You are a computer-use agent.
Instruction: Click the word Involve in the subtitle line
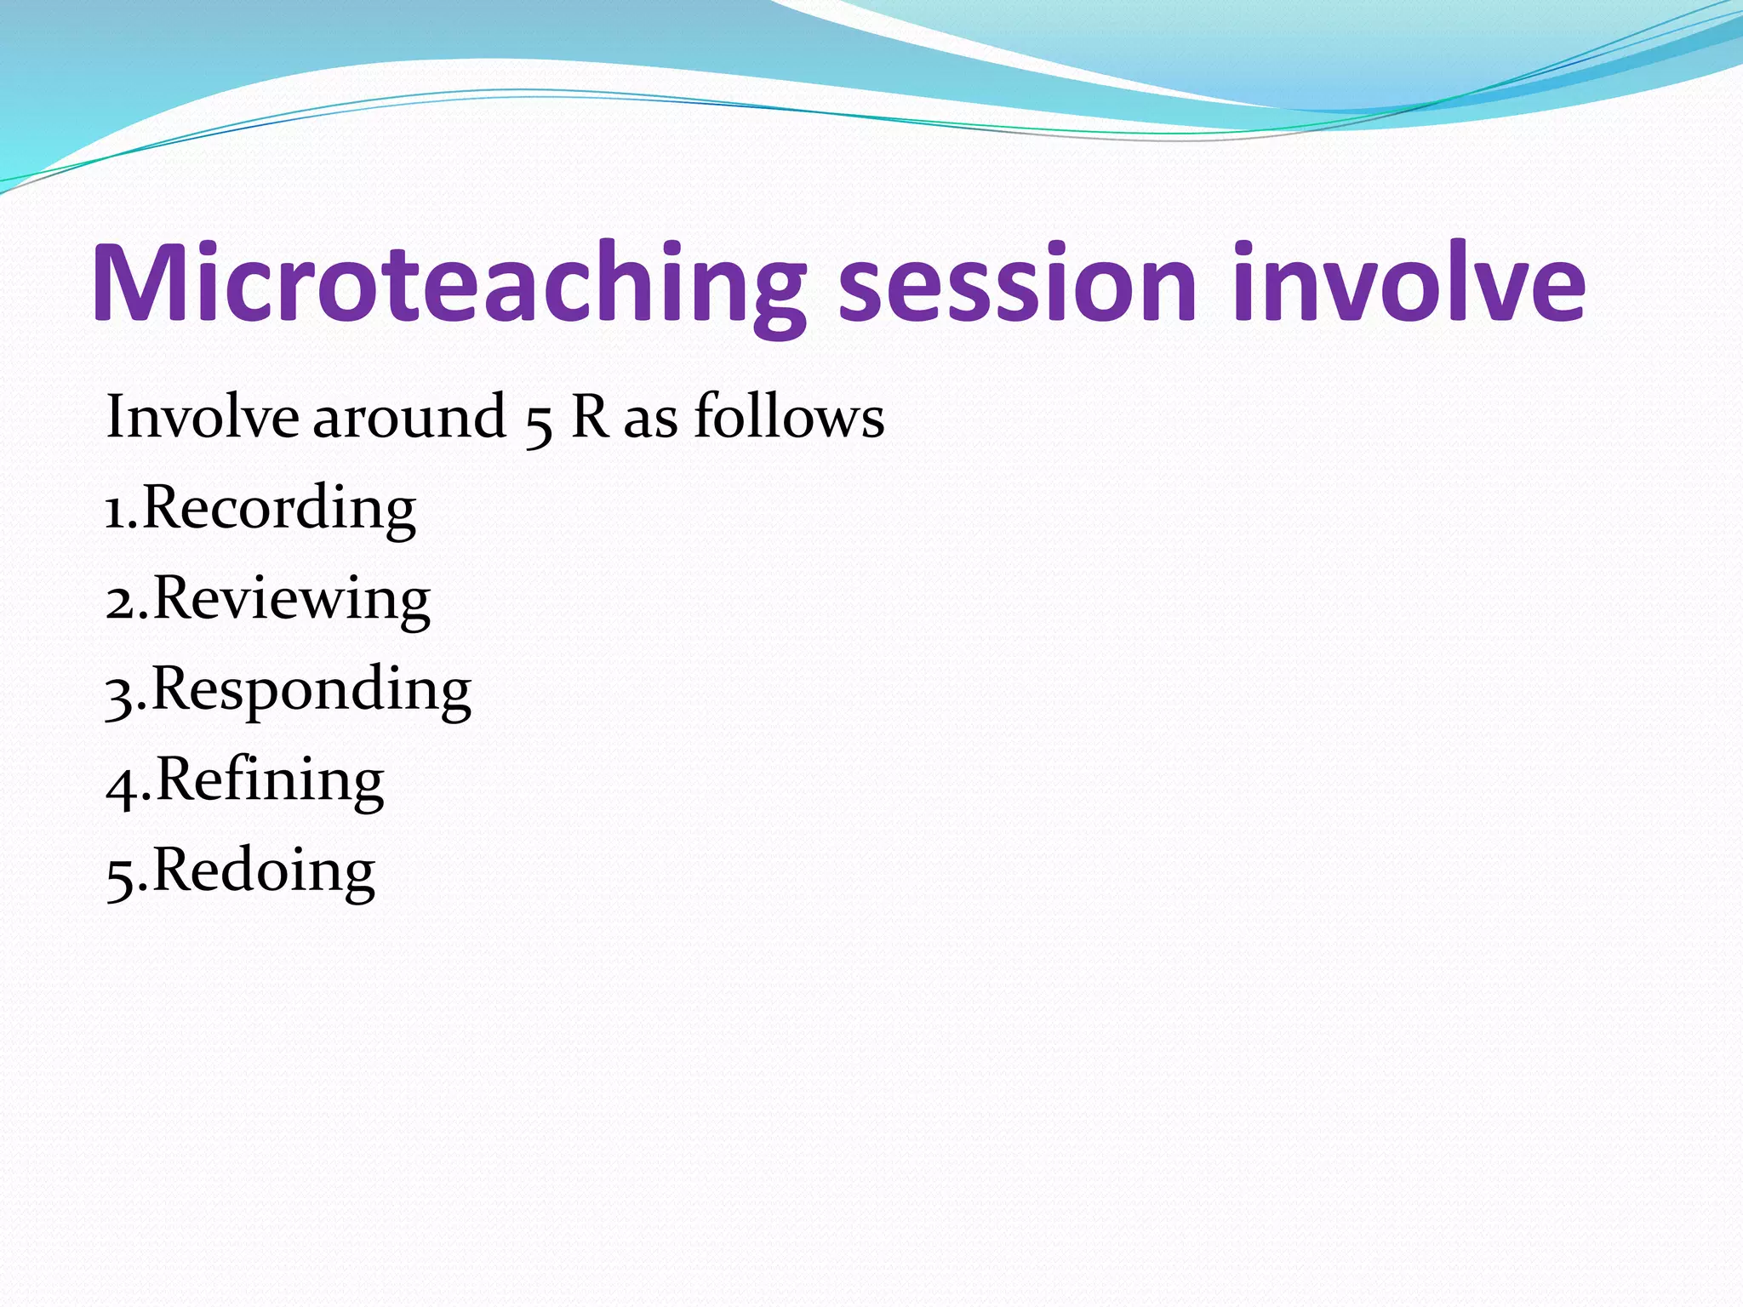click(x=202, y=417)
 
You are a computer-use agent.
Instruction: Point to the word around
click(x=409, y=417)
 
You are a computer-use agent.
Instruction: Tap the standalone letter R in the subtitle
click(x=590, y=417)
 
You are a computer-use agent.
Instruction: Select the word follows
click(x=789, y=417)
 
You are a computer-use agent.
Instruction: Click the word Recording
click(x=278, y=509)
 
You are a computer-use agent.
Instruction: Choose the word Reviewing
click(x=291, y=600)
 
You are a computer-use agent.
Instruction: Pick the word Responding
click(x=311, y=691)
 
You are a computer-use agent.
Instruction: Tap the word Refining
click(x=270, y=781)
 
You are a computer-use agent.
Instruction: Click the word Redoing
click(x=264, y=872)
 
